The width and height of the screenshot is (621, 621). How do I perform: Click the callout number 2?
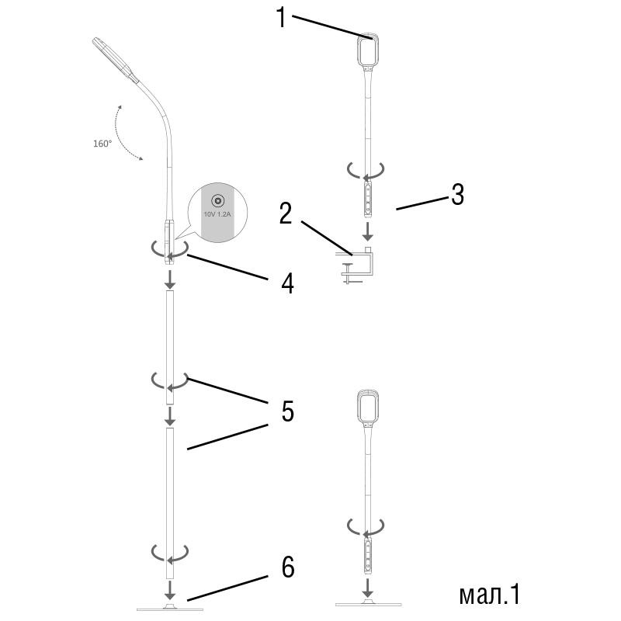(x=286, y=214)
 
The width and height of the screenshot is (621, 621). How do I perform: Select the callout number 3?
(x=456, y=194)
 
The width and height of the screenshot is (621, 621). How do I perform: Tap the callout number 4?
(x=287, y=283)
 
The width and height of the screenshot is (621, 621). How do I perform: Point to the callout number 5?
(x=287, y=411)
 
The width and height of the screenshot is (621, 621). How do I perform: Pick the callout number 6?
(x=287, y=567)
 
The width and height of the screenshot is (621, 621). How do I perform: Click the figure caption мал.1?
(x=488, y=594)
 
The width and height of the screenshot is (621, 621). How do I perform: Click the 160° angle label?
(x=102, y=143)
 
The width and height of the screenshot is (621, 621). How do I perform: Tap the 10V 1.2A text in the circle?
(x=217, y=213)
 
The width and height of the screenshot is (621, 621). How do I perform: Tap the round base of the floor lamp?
(x=169, y=605)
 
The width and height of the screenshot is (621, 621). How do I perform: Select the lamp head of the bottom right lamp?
(x=367, y=407)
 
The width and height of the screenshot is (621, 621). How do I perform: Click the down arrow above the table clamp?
(x=367, y=231)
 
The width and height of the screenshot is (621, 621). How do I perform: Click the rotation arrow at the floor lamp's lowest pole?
(x=169, y=553)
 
